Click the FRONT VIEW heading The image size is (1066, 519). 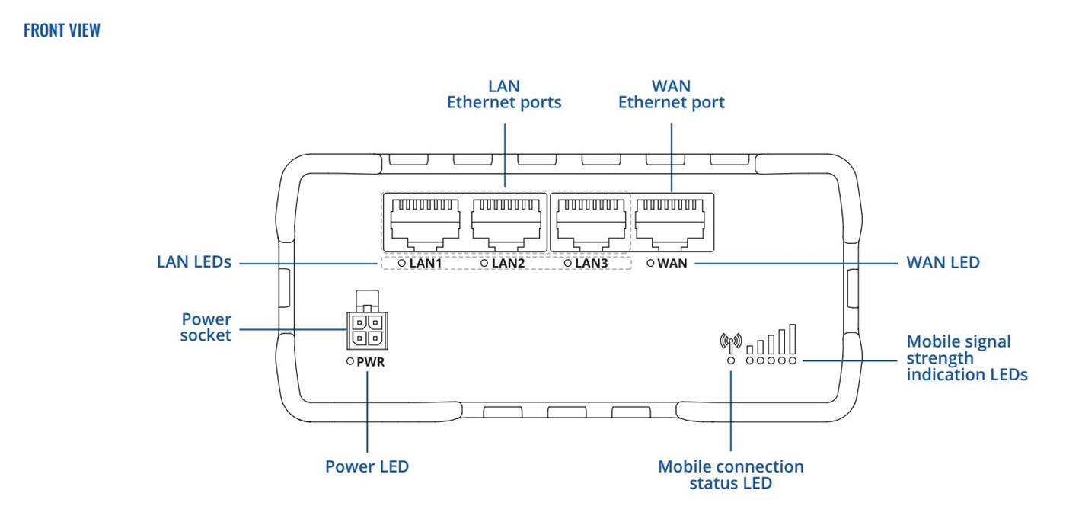tap(62, 30)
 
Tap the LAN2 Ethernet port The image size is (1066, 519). tap(507, 220)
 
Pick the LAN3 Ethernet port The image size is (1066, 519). tap(591, 220)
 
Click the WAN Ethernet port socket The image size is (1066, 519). tap(673, 220)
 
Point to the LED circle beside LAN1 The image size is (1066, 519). tap(401, 263)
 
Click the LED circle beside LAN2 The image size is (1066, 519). tap(484, 263)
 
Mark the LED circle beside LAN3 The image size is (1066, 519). tap(567, 263)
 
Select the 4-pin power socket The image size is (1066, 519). tap(366, 329)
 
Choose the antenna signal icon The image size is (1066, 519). tap(730, 342)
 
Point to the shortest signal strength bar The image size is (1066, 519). tap(750, 349)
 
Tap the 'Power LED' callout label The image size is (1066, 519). tap(367, 466)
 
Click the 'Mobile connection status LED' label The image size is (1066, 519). tap(730, 475)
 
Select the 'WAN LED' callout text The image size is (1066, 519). tap(943, 263)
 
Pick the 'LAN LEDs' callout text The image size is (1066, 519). tap(193, 262)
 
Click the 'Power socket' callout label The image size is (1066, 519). tap(206, 327)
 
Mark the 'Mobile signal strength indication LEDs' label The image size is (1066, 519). tap(966, 357)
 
